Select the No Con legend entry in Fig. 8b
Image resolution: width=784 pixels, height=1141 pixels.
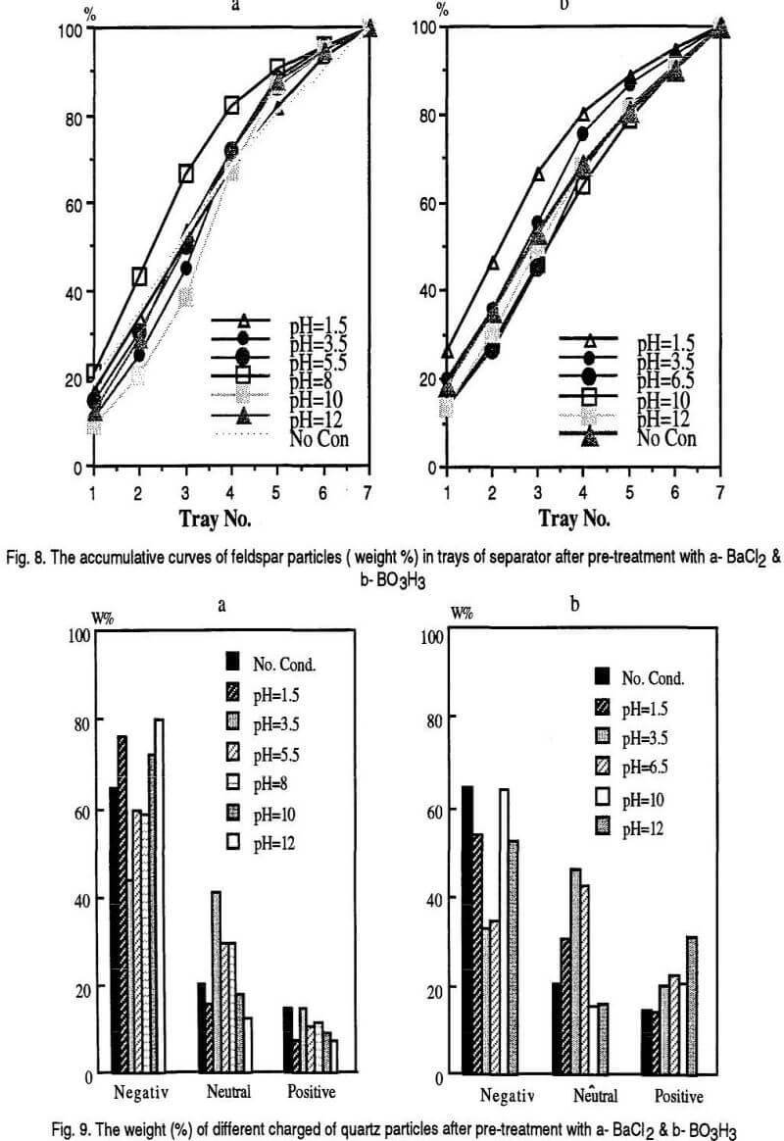point(666,437)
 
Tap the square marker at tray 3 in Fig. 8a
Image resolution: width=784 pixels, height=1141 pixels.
point(186,174)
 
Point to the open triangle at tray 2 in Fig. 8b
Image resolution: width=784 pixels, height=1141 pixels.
point(493,263)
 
